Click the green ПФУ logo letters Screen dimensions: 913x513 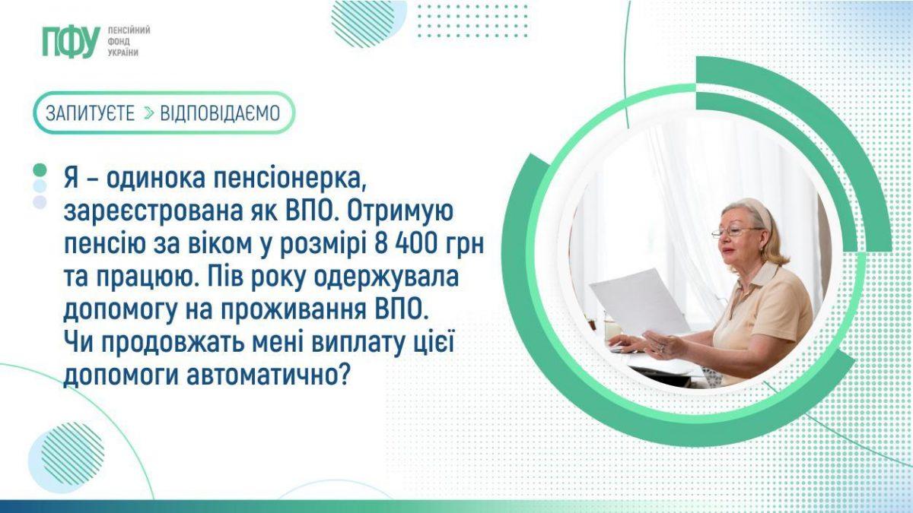72,42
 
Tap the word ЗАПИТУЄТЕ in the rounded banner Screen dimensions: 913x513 90,113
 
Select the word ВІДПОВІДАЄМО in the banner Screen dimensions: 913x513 220,113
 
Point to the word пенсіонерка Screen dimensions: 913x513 289,179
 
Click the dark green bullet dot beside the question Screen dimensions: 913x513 40,169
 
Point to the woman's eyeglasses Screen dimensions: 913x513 736,232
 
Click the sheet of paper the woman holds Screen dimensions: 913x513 640,301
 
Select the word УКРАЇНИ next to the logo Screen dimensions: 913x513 123,53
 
